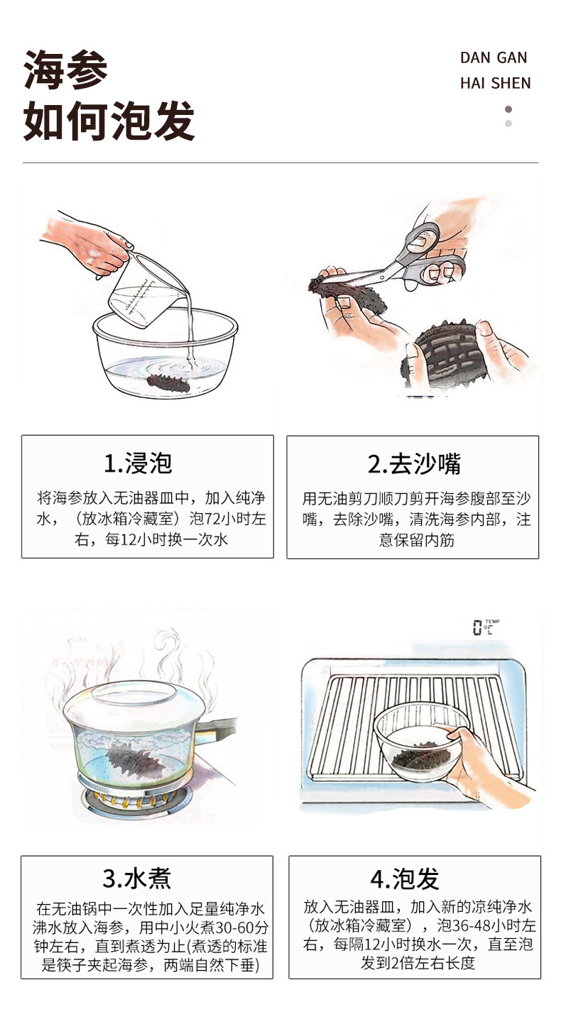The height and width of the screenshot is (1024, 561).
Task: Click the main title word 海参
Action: pyautogui.click(x=65, y=70)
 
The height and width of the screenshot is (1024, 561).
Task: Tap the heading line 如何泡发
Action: pyautogui.click(x=109, y=121)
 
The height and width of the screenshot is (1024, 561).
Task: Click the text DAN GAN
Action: pyautogui.click(x=494, y=58)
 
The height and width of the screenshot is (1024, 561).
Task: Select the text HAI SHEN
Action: pyautogui.click(x=496, y=83)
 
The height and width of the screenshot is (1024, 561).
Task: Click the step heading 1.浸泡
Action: pyautogui.click(x=138, y=463)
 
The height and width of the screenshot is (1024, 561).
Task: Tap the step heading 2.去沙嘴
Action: pyautogui.click(x=414, y=464)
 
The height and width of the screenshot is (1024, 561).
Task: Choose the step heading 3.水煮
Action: pyautogui.click(x=137, y=879)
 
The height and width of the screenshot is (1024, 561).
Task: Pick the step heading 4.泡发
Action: pyautogui.click(x=405, y=879)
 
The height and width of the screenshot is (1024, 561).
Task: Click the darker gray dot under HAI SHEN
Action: pyautogui.click(x=508, y=109)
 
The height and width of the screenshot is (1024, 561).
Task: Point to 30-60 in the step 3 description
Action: pyautogui.click(x=235, y=927)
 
